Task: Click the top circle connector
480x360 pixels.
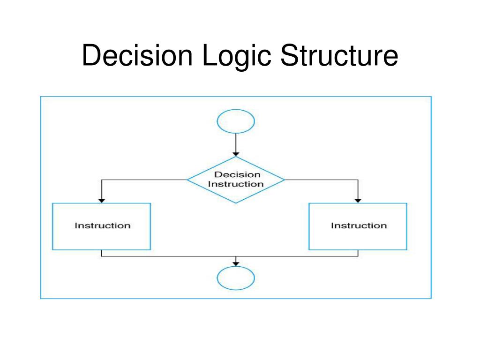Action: (236, 121)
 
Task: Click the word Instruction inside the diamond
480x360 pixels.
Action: (236, 184)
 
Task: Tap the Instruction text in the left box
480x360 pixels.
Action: (102, 225)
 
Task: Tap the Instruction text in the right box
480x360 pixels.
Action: (359, 225)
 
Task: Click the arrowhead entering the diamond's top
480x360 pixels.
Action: (236, 154)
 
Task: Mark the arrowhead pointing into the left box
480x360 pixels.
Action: (101, 201)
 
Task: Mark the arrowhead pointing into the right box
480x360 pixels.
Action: (358, 201)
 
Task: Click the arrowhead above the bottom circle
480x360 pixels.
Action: (236, 263)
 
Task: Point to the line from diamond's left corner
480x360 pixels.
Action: (141, 180)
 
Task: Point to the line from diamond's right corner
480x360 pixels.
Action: (323, 180)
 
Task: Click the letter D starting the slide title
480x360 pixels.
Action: (89, 56)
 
